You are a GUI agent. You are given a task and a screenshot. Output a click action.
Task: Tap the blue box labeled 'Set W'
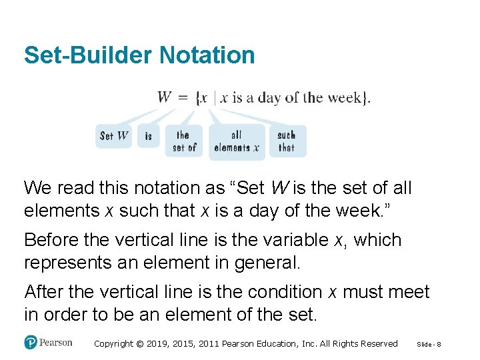pos(114,136)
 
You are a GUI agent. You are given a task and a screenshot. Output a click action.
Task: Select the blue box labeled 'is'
pos(149,136)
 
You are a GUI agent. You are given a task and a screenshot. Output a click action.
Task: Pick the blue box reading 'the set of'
pos(183,141)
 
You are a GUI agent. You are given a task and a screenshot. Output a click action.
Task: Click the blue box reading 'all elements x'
pos(236,141)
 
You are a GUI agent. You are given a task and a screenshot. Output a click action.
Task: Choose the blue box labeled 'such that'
pos(287,141)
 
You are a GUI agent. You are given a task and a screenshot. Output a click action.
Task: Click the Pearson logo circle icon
pos(30,342)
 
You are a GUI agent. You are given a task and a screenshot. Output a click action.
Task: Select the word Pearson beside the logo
pos(55,343)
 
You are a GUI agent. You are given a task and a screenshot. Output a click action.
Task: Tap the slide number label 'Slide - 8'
pos(433,344)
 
